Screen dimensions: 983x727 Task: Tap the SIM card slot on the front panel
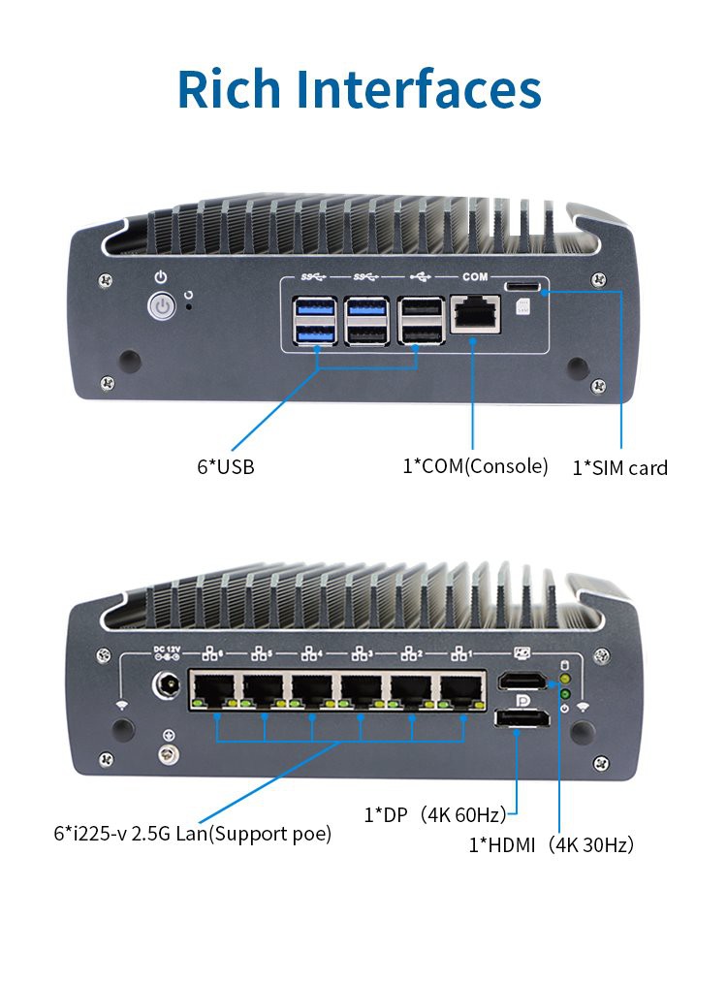tap(524, 286)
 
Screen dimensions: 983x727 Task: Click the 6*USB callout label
tap(225, 466)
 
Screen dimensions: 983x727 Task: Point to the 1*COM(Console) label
tap(475, 465)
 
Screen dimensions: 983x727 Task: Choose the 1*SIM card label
tap(619, 468)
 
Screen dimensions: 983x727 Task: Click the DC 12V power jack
tap(165, 688)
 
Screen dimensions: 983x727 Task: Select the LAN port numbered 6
tap(211, 691)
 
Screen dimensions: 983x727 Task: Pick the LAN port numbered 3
tap(361, 691)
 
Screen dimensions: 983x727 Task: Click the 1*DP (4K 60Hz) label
tap(435, 815)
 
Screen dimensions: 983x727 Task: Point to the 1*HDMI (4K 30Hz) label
tap(552, 845)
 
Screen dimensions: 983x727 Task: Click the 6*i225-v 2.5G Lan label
tap(192, 833)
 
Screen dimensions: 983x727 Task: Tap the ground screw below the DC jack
tap(169, 752)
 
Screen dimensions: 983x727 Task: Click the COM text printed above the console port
tap(475, 277)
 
